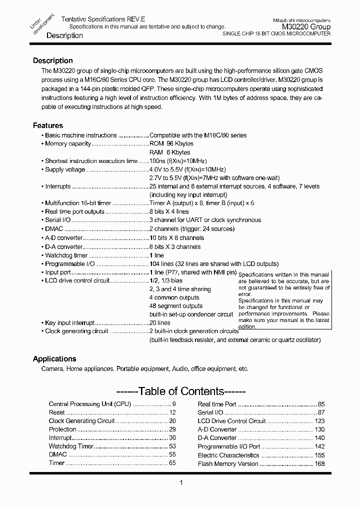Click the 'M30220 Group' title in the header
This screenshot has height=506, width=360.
point(306,26)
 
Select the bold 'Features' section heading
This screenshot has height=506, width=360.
point(48,125)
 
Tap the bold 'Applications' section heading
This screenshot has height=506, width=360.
point(54,359)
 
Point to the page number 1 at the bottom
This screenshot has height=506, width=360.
point(180,482)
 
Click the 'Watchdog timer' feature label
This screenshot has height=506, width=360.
point(66,255)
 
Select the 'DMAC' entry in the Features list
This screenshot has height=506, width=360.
point(54,229)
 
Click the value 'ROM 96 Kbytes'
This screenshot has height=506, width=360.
point(171,144)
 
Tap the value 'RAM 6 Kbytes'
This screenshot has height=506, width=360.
point(169,152)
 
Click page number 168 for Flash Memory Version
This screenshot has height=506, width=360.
point(319,464)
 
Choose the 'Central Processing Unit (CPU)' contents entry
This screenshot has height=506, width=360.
point(89,404)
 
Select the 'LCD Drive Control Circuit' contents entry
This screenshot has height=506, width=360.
point(231,421)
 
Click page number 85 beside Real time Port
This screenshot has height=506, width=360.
point(321,404)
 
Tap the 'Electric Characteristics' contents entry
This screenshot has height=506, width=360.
point(228,455)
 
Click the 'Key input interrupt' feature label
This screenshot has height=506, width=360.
point(69,323)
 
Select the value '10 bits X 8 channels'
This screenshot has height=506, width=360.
point(176,238)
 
